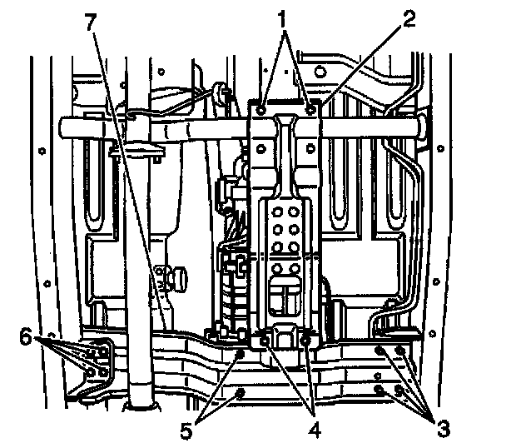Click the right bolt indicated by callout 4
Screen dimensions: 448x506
307,340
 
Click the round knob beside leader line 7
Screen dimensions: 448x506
177,275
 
